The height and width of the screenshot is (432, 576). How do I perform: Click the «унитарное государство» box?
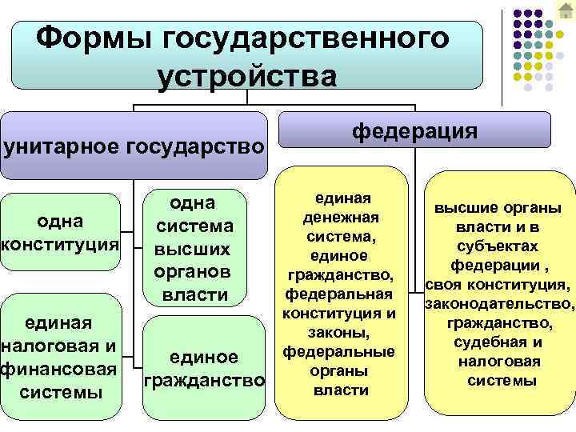coord(134,146)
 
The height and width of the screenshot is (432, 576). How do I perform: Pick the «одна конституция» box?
coord(60,231)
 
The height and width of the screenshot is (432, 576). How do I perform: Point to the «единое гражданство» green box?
coord(203,369)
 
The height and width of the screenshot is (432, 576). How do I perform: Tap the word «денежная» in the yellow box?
coord(341,218)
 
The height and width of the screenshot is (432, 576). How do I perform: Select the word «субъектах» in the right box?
coord(498,246)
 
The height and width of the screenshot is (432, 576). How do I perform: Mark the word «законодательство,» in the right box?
coord(500,304)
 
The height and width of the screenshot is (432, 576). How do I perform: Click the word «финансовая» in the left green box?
coord(60,370)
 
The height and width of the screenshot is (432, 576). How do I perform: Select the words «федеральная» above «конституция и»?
coord(341,294)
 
